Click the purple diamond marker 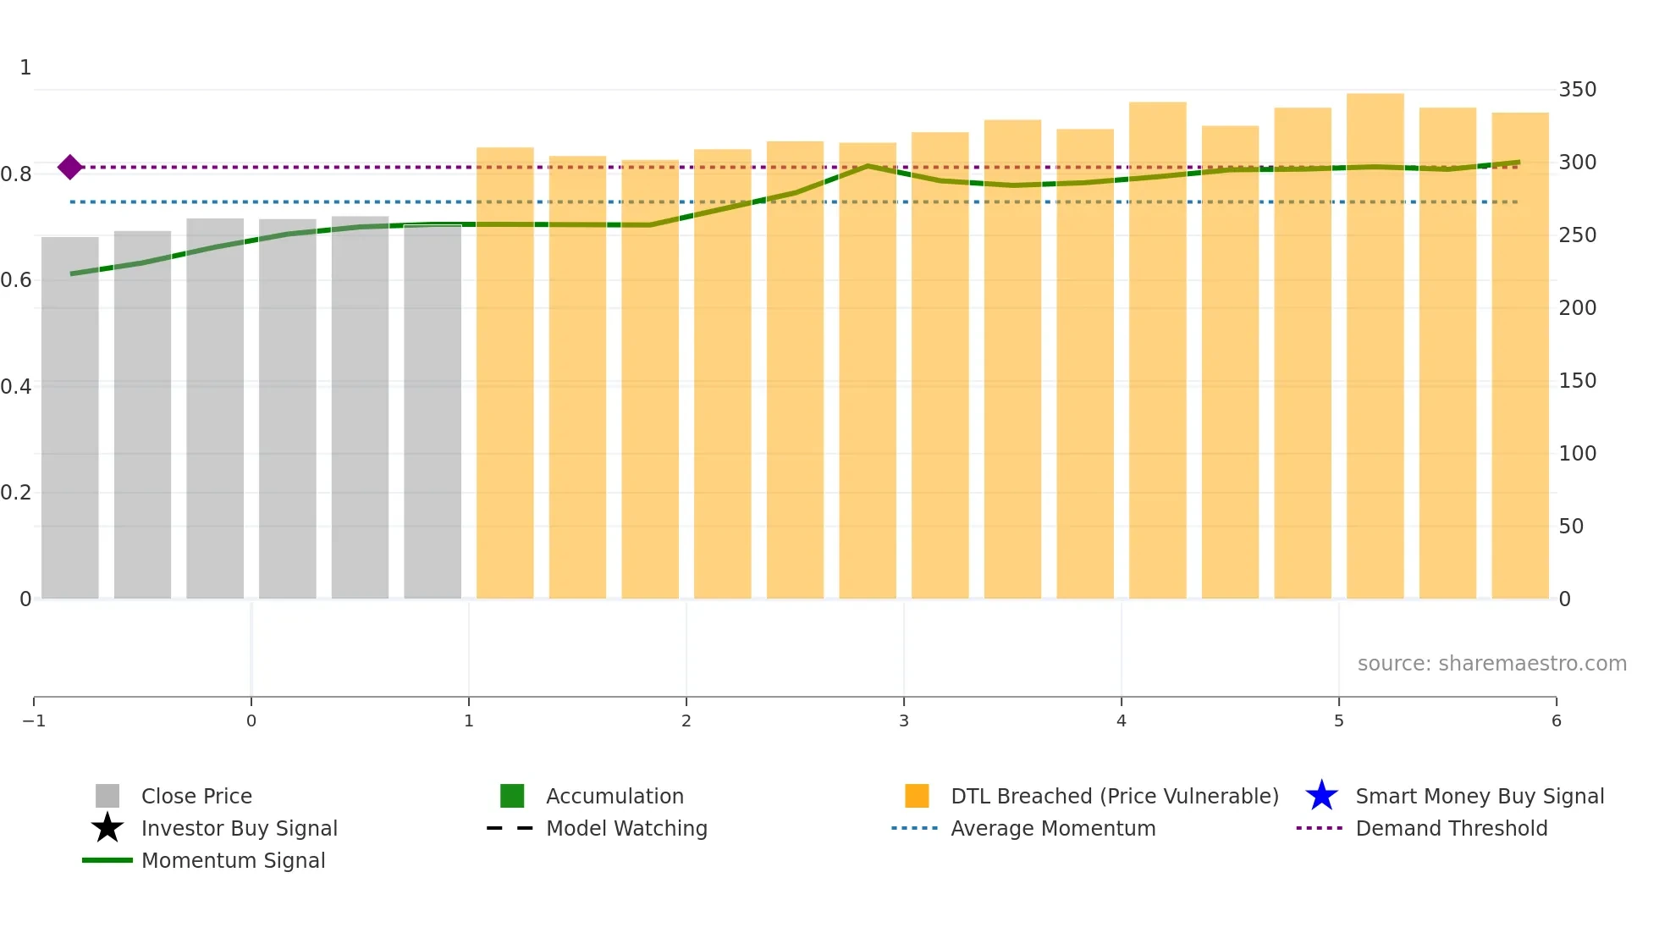[70, 167]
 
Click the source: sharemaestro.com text [1491, 664]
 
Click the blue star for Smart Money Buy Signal [1321, 796]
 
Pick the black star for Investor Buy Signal [107, 828]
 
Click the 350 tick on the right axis [1577, 90]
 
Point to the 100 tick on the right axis [1577, 454]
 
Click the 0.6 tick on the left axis [16, 280]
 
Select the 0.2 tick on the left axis [16, 493]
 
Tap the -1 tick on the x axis [34, 720]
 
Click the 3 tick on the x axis [904, 720]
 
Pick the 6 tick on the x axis [1556, 720]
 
